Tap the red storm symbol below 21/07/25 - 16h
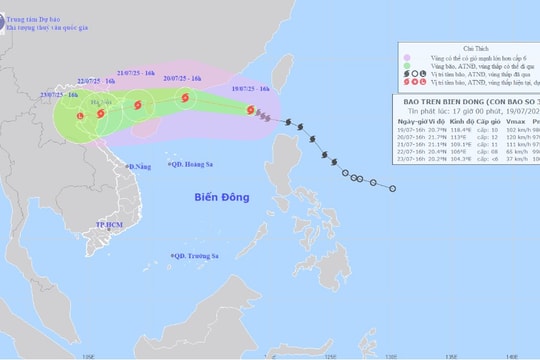pos(135,101)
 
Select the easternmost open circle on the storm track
pos(392,189)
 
